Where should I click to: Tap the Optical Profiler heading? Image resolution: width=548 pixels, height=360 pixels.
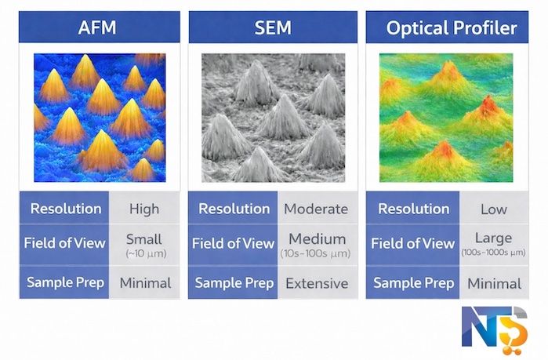(451, 29)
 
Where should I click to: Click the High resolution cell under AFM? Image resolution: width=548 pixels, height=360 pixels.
(143, 209)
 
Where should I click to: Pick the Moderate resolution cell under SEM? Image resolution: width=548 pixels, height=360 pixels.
(315, 209)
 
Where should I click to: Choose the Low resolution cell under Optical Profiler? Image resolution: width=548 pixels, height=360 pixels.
(493, 209)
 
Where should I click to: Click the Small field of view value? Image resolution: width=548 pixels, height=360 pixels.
(143, 238)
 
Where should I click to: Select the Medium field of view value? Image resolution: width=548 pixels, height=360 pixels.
(315, 238)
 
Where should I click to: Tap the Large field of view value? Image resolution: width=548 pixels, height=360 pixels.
(493, 238)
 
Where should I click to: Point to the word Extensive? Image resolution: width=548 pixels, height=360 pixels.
(315, 283)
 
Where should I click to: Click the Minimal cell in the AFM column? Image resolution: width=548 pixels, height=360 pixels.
(143, 283)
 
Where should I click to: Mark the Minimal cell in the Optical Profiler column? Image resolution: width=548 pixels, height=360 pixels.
(493, 283)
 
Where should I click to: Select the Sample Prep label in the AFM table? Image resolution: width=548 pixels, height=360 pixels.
(67, 283)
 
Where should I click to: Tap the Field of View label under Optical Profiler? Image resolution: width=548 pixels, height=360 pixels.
(412, 243)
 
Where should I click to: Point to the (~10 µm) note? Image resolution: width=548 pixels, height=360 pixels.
(143, 253)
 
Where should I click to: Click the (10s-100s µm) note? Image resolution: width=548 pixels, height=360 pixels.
(315, 254)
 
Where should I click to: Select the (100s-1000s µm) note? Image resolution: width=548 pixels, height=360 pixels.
(493, 253)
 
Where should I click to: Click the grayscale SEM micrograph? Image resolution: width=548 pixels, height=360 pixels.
(272, 117)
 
